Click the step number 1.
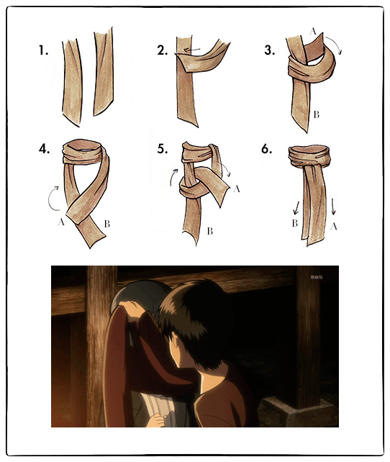(43, 50)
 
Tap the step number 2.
(163, 50)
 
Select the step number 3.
(270, 50)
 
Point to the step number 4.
(44, 149)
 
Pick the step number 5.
(163, 149)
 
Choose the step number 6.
(266, 149)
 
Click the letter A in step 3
(313, 31)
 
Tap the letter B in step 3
(317, 114)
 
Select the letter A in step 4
(61, 222)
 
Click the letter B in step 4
(107, 225)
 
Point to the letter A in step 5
(237, 189)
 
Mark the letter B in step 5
(209, 231)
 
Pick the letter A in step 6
(334, 226)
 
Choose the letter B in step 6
(295, 223)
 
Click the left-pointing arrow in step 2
(192, 50)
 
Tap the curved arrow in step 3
(335, 42)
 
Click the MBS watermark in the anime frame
(317, 277)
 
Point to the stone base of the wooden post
(297, 412)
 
